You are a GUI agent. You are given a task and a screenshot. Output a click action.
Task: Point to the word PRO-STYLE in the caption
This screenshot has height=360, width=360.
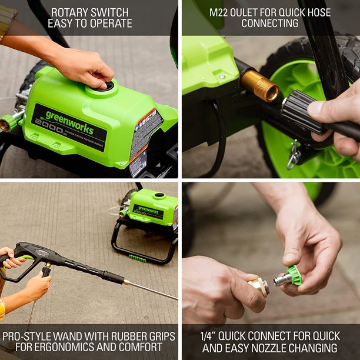pos(29,336)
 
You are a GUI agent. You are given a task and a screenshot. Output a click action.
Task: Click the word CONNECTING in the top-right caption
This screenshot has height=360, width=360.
pos(270,24)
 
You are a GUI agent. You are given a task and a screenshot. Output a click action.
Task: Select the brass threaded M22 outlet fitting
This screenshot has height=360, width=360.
pos(259,86)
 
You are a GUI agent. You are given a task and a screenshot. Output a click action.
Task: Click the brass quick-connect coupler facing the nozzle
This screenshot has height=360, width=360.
pos(259,286)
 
